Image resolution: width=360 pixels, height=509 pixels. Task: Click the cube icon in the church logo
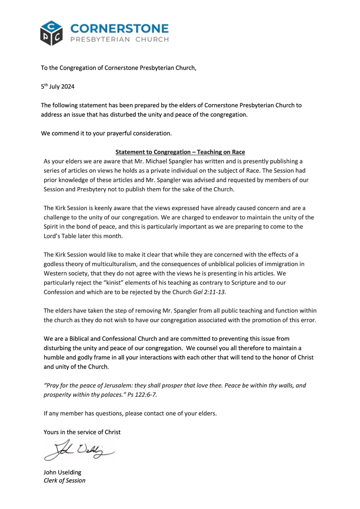(51, 33)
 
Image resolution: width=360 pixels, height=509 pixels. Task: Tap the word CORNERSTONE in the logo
(119, 29)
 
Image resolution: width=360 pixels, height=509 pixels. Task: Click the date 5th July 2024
(57, 86)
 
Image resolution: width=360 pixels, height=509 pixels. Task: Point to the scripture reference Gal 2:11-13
(209, 292)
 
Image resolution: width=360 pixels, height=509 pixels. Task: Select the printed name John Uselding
(62, 472)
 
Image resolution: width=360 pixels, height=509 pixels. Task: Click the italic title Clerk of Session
(64, 480)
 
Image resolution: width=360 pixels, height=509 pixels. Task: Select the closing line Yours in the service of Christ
(82, 432)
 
